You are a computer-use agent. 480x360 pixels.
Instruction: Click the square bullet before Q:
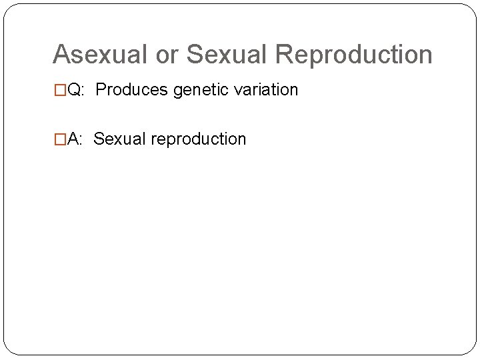pyautogui.click(x=60, y=90)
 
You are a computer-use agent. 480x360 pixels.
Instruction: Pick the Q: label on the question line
pyautogui.click(x=76, y=90)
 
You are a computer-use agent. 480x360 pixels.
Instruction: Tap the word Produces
pyautogui.click(x=132, y=90)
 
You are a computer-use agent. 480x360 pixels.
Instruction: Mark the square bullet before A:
pyautogui.click(x=60, y=139)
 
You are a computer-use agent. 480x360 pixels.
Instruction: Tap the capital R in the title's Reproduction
pyautogui.click(x=283, y=55)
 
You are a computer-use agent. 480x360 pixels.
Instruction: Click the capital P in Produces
pyautogui.click(x=101, y=90)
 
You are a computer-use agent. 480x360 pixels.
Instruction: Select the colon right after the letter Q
pyautogui.click(x=82, y=91)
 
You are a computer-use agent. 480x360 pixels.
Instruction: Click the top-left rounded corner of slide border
pyautogui.click(x=9, y=9)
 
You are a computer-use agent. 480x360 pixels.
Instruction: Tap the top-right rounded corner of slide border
pyautogui.click(x=471, y=9)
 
